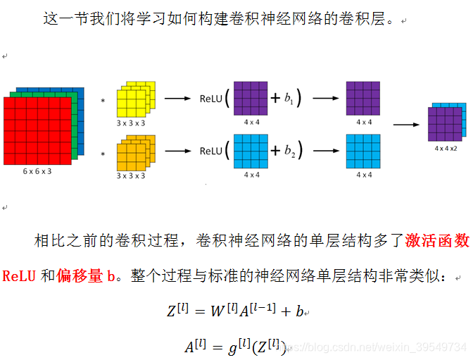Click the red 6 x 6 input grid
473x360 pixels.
[37, 131]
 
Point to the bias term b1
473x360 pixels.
[289, 99]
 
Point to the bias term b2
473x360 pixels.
[289, 151]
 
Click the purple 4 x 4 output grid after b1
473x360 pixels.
[364, 99]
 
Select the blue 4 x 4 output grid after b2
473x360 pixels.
[364, 150]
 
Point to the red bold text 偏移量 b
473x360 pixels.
[87, 275]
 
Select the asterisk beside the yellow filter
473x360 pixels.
[103, 101]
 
